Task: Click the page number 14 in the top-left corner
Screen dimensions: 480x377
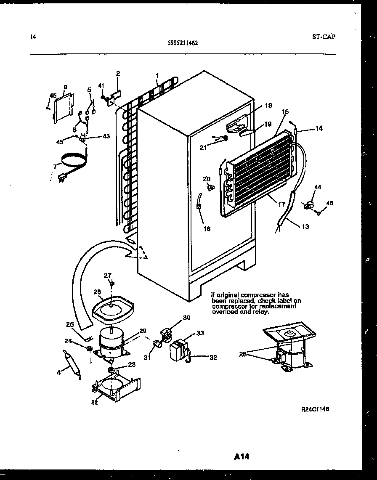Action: (x=33, y=37)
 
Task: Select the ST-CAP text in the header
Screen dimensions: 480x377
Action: (x=324, y=37)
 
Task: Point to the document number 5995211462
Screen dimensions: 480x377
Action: (x=183, y=42)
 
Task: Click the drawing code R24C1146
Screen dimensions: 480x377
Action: (x=315, y=409)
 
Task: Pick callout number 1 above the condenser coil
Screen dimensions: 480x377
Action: (x=157, y=76)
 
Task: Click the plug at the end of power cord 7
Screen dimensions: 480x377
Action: (x=61, y=178)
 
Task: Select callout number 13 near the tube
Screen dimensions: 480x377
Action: (x=305, y=227)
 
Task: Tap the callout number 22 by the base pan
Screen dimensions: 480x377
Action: (x=94, y=402)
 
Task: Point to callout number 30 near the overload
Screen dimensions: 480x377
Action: (x=186, y=318)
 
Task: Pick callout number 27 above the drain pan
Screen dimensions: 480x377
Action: (x=108, y=276)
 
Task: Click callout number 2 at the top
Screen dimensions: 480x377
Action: (x=118, y=73)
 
